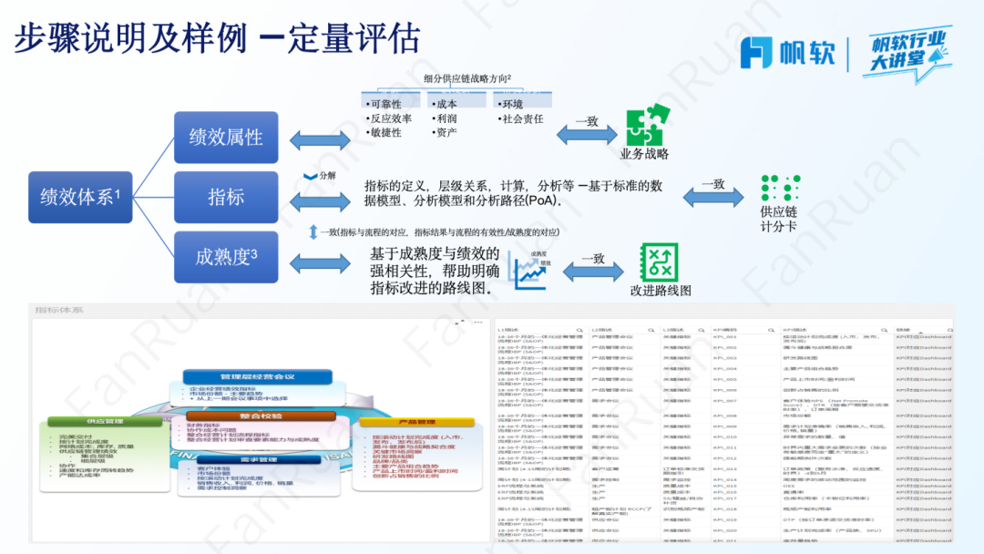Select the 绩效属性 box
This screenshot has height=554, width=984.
225,137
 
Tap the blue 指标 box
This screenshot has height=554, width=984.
225,197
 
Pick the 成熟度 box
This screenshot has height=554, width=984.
225,257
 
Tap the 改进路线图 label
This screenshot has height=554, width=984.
660,290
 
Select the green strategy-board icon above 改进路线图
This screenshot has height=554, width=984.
660,262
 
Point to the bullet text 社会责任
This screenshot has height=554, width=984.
522,118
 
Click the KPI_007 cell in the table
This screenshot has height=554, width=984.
725,401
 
